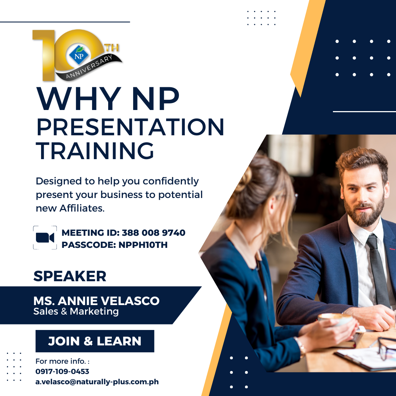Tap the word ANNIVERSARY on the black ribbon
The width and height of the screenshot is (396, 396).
[89, 67]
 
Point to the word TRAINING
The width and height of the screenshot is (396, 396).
[95, 151]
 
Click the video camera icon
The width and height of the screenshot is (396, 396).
[45, 238]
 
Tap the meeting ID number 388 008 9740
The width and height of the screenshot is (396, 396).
[154, 232]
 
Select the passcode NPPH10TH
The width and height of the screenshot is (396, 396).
[143, 245]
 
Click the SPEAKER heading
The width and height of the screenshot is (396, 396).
[70, 276]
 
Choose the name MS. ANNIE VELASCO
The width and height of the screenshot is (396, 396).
[96, 301]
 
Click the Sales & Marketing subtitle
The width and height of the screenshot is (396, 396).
[76, 311]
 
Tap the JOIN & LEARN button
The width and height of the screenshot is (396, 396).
[95, 341]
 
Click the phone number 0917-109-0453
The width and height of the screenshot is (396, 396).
[62, 371]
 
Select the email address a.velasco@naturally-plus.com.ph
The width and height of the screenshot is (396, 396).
[97, 382]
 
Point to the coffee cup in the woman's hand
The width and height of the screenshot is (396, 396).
[335, 319]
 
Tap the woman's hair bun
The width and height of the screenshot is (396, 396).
[245, 177]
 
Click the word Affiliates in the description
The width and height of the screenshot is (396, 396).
[81, 208]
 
